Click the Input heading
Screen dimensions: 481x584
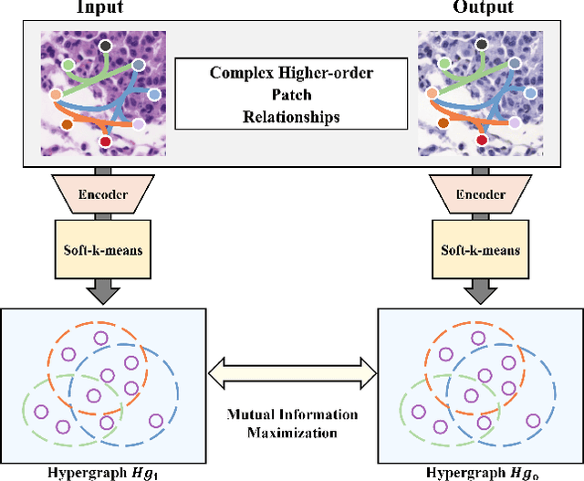click(x=103, y=7)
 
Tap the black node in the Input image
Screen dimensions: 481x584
click(x=106, y=46)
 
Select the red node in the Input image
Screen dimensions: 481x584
click(x=105, y=141)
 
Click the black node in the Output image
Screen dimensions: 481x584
click(x=484, y=46)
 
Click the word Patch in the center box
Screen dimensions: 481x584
click(x=291, y=94)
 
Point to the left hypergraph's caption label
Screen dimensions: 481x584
click(x=104, y=472)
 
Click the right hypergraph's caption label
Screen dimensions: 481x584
click(x=482, y=472)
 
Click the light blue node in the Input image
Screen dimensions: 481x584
click(x=153, y=95)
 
